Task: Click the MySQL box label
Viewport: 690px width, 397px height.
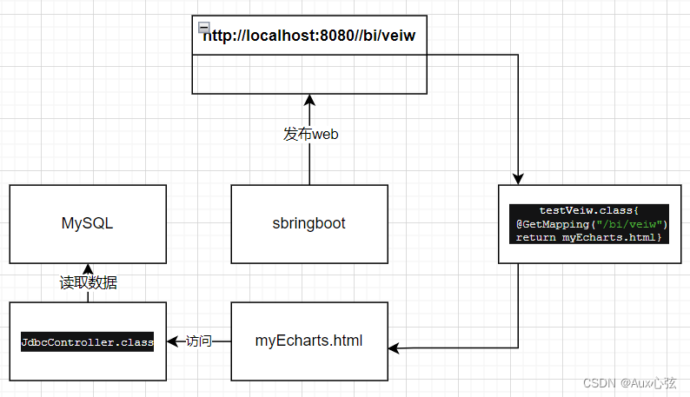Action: pyautogui.click(x=87, y=223)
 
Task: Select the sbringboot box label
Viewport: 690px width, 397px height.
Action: pyautogui.click(x=309, y=223)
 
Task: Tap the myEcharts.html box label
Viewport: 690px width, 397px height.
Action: pyautogui.click(x=309, y=341)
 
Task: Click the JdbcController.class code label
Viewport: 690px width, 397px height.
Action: pyautogui.click(x=87, y=342)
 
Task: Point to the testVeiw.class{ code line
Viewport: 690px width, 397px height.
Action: pyautogui.click(x=588, y=210)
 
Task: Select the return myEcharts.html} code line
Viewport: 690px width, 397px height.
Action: pyautogui.click(x=588, y=237)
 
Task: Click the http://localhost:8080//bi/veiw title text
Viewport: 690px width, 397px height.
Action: pyautogui.click(x=309, y=36)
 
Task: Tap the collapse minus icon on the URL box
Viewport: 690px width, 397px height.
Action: pyautogui.click(x=202, y=27)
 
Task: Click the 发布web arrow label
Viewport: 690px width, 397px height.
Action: pyautogui.click(x=310, y=134)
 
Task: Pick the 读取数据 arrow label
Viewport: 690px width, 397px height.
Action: pyautogui.click(x=88, y=282)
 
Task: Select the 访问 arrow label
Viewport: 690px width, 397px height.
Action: pyautogui.click(x=198, y=341)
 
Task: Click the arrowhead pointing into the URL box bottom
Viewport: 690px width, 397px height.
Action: pyautogui.click(x=309, y=100)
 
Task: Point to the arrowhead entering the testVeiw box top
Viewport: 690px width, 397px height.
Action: pyautogui.click(x=518, y=179)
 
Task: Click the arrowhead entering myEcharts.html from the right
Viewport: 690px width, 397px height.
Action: pyautogui.click(x=394, y=348)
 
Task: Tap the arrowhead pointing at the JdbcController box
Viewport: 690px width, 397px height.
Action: pyautogui.click(x=171, y=341)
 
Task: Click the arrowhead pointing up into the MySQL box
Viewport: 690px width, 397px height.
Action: pyautogui.click(x=88, y=268)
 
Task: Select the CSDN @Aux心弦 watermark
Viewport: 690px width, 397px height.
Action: pyautogui.click(x=629, y=382)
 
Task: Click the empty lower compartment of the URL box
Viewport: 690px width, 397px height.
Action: pyautogui.click(x=309, y=74)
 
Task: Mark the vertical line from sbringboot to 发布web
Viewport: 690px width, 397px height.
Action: pyautogui.click(x=309, y=165)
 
